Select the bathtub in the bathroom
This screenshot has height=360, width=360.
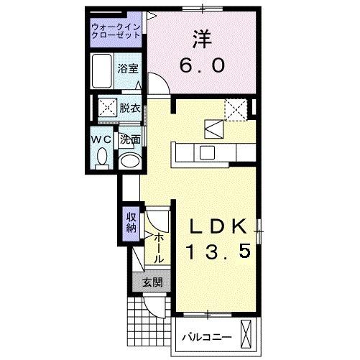(x=103, y=71)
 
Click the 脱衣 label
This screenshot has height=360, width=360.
(x=129, y=109)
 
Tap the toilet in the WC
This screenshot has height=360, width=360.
(x=102, y=157)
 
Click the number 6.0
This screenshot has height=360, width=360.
(x=203, y=65)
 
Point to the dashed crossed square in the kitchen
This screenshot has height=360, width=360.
(x=235, y=109)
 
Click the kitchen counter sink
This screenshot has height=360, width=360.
(x=206, y=152)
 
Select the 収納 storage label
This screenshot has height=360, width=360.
(x=131, y=223)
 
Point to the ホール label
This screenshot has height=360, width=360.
(x=159, y=248)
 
